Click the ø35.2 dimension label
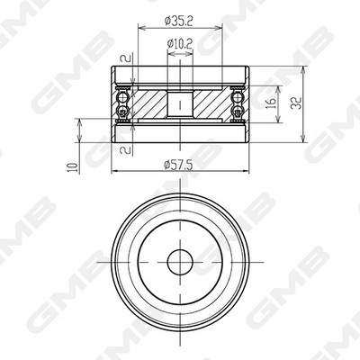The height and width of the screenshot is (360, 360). coord(178,21)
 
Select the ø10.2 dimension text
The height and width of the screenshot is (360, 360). coord(180,44)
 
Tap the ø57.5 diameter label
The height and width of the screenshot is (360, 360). coord(178,165)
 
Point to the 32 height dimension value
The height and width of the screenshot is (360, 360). coord(296,103)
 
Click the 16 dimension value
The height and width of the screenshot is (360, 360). coord(272,103)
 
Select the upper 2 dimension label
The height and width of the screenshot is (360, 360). coord(125,58)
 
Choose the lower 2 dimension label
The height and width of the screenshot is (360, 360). coord(125,149)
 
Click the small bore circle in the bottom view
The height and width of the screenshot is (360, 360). coord(180,262)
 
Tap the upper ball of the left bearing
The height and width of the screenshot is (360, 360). coord(122,97)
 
